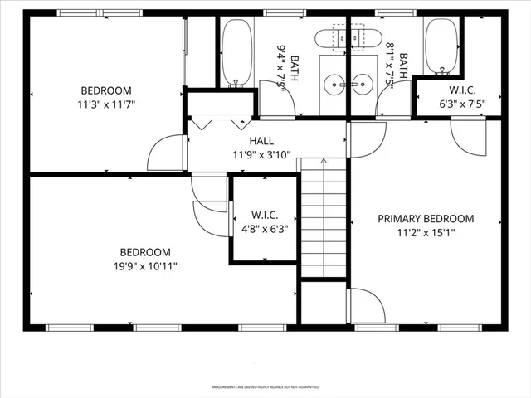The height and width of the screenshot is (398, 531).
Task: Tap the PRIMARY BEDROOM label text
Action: point(426,219)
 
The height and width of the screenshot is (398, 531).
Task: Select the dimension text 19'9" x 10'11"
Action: point(145,266)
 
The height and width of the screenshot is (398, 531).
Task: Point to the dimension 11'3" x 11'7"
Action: point(106,105)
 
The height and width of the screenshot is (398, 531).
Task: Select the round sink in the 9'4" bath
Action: point(334,83)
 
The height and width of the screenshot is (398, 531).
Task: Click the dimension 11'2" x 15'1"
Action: point(426,233)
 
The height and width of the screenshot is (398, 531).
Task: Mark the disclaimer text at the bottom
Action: point(265,387)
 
